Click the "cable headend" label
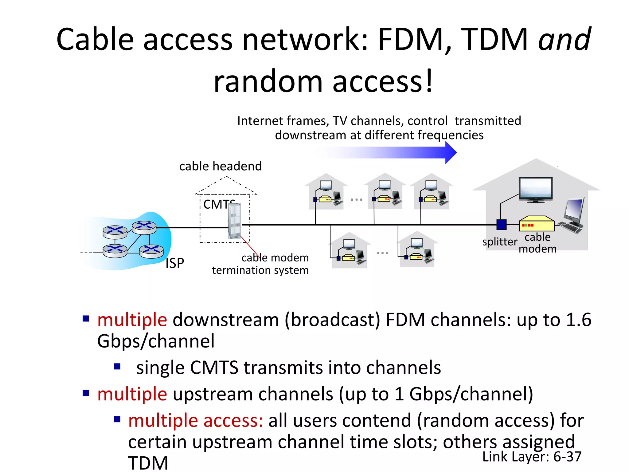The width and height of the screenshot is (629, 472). pos(220,166)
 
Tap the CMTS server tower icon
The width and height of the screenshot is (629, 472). pos(235,221)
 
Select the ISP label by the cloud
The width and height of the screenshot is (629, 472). pos(175,263)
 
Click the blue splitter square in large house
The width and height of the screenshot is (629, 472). pos(501,225)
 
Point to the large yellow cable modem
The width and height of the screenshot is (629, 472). pos(537,224)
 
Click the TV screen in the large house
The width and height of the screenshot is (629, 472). pos(536,188)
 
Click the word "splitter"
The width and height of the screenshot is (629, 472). pos(499,242)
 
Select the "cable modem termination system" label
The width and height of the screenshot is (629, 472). pos(260,264)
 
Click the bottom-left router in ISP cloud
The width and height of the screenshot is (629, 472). pos(115,250)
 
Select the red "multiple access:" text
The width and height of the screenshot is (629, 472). pos(196,420)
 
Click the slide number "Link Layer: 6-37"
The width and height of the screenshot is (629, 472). pos(532,457)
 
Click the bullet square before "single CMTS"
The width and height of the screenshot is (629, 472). pos(117,366)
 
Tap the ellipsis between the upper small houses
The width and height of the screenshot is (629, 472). pos(357,200)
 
